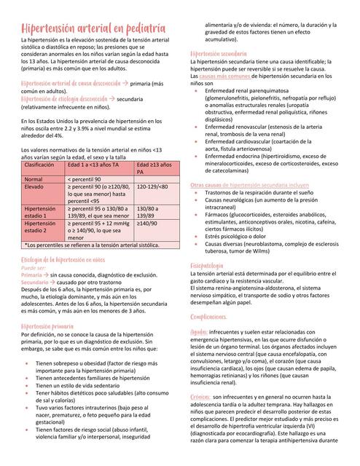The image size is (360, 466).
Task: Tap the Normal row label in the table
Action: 34,178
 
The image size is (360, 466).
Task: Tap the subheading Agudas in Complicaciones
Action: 199,331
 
